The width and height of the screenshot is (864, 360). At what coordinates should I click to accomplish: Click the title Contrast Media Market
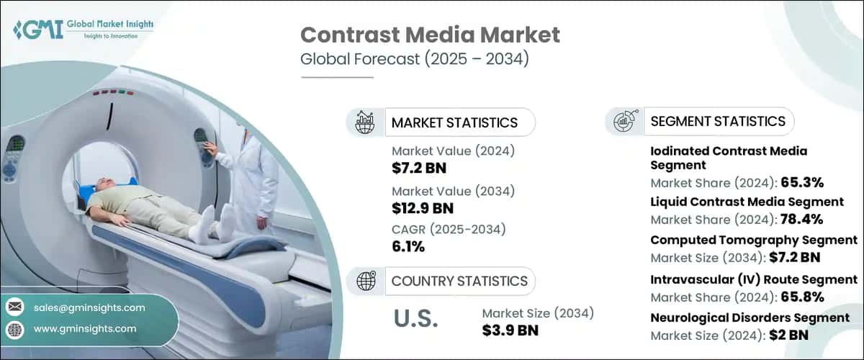pos(429,34)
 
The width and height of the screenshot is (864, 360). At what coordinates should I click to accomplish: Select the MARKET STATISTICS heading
pos(454,122)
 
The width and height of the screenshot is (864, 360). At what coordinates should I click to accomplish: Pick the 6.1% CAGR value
pos(408,247)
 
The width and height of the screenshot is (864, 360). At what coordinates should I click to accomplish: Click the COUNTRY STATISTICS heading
pos(459,281)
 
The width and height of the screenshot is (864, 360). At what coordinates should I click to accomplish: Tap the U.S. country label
pos(416,319)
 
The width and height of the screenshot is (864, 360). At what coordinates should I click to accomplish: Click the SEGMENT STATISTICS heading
pos(718,122)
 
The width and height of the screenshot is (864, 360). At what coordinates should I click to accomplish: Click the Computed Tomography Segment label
pos(753,240)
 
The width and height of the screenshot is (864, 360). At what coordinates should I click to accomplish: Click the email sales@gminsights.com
pos(89,307)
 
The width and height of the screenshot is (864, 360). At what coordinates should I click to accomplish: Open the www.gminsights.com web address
pos(85,328)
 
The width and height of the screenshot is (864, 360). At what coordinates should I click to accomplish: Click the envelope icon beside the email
pos(15,307)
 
